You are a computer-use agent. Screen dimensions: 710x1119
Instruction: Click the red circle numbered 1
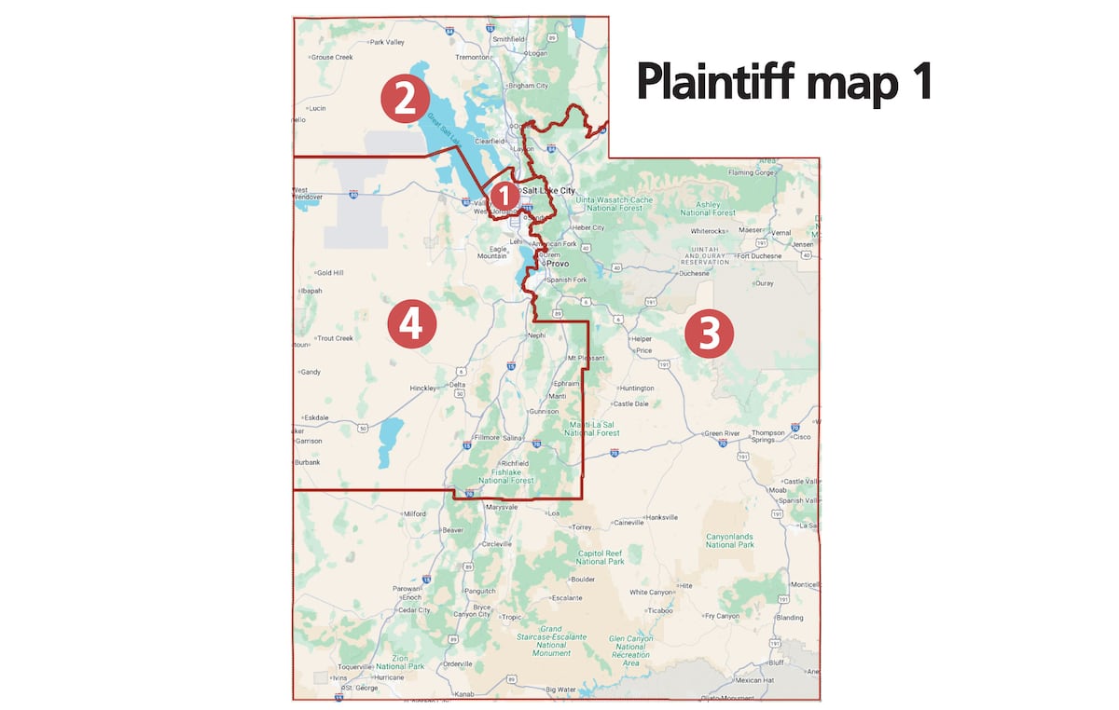pos(504,197)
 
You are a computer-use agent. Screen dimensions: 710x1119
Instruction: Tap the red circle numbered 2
pos(404,100)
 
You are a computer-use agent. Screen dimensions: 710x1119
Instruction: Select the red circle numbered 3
pos(709,335)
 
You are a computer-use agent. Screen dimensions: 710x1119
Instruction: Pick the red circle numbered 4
pos(411,325)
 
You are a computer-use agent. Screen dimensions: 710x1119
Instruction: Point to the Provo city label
pos(558,264)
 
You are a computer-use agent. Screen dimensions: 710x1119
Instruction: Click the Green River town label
pos(721,433)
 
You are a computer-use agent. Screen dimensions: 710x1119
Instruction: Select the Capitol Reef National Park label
pos(600,557)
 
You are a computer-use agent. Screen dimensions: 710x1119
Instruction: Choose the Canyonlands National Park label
pos(730,539)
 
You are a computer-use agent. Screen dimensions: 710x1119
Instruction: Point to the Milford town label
pos(414,513)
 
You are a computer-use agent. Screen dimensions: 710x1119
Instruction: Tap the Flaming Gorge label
pos(753,172)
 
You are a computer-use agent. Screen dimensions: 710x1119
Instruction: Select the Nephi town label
pos(535,335)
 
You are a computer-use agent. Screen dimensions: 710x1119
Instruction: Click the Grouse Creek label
pos(332,57)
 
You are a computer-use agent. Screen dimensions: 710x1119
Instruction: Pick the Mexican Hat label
pos(754,680)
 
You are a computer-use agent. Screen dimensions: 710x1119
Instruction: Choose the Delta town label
pos(457,384)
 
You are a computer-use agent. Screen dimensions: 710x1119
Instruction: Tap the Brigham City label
pos(528,86)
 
